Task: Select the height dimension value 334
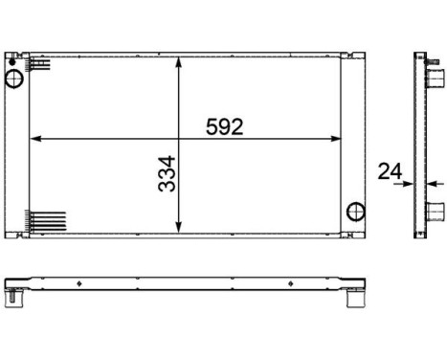tap(168, 172)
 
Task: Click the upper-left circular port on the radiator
tap(16, 77)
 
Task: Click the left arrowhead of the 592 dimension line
tap(35, 140)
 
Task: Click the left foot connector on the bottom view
tap(13, 298)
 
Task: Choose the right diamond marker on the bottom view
tap(292, 284)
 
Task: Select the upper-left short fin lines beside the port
tap(39, 65)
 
